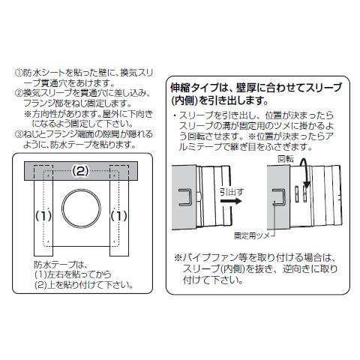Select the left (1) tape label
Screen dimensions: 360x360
[x=43, y=215]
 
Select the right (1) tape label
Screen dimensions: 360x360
[x=117, y=215]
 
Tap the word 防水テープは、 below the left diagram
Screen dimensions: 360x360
[x=61, y=265]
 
